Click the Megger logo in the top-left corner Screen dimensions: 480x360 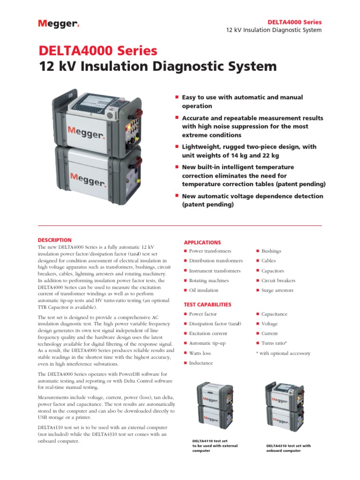click(57, 24)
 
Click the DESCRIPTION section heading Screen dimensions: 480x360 click(54, 240)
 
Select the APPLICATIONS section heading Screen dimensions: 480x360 click(202, 242)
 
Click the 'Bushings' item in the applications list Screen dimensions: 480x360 click(271, 251)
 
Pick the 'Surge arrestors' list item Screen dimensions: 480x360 click(277, 291)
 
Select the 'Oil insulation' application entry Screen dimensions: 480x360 click(203, 291)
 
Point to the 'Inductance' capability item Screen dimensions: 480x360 click(201, 363)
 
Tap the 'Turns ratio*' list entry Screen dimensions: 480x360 click(274, 343)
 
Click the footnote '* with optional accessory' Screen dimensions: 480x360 click(283, 353)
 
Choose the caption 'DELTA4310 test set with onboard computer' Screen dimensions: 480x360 click(288, 448)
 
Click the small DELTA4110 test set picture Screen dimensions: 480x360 click(215, 403)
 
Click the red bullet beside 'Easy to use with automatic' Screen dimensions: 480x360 click(177, 97)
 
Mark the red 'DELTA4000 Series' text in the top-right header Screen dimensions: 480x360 click(294, 22)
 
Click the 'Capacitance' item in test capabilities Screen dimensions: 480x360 click(274, 314)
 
